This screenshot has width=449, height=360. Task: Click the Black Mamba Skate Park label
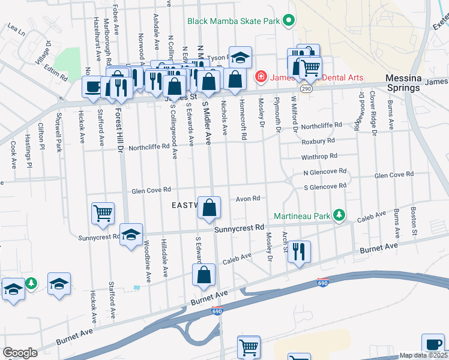point(234,21)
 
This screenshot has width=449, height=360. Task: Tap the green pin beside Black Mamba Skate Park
point(288,21)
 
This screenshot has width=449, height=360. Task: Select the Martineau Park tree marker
point(339,215)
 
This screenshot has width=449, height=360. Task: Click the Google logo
point(20,353)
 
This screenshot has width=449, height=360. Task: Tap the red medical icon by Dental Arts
point(261,76)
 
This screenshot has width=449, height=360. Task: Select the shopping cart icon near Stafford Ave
point(103,212)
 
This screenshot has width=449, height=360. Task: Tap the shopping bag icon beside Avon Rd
point(209,208)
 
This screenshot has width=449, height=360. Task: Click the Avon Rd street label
point(247,198)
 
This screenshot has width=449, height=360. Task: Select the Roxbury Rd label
point(318,142)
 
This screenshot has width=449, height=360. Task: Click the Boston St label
point(413,220)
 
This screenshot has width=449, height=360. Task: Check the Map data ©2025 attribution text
point(423,355)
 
